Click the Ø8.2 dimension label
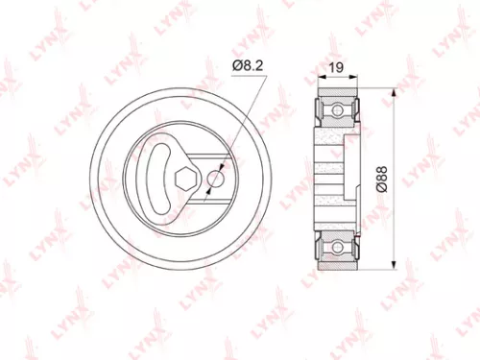[247, 65]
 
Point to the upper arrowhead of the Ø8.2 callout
[222, 165]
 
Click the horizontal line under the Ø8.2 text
[248, 74]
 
